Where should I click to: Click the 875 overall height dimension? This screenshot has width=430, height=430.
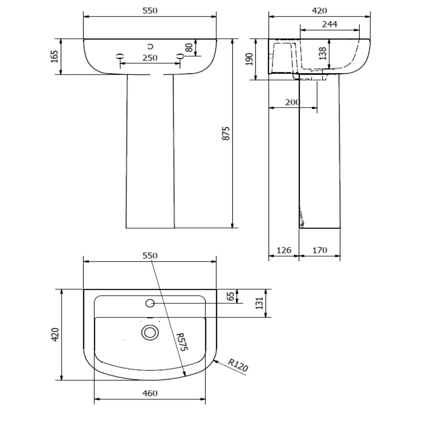click(225, 133)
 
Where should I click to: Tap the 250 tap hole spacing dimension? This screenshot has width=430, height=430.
click(150, 58)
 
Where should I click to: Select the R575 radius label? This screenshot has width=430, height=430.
click(182, 342)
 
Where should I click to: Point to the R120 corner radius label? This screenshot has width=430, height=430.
click(238, 365)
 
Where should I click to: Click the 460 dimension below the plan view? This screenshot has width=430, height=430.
click(150, 393)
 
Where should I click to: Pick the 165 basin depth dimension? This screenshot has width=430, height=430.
click(55, 56)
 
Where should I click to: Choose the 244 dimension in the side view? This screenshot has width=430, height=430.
click(330, 24)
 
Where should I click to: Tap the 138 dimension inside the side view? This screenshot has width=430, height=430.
click(323, 53)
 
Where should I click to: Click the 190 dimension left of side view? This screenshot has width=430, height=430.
click(249, 59)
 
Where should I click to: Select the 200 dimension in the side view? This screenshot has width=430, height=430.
click(292, 102)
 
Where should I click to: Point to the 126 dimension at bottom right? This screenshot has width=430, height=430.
click(284, 250)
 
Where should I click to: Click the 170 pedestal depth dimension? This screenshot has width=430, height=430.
click(320, 250)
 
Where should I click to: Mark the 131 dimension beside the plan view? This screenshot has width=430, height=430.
click(259, 303)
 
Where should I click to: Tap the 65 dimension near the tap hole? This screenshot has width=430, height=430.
click(231, 296)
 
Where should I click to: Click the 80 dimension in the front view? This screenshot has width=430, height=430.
click(189, 47)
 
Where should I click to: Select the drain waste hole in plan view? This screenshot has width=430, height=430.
click(150, 333)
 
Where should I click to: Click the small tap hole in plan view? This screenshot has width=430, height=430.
click(150, 303)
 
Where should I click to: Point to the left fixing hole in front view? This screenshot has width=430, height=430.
click(120, 56)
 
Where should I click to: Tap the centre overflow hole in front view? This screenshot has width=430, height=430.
click(150, 46)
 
